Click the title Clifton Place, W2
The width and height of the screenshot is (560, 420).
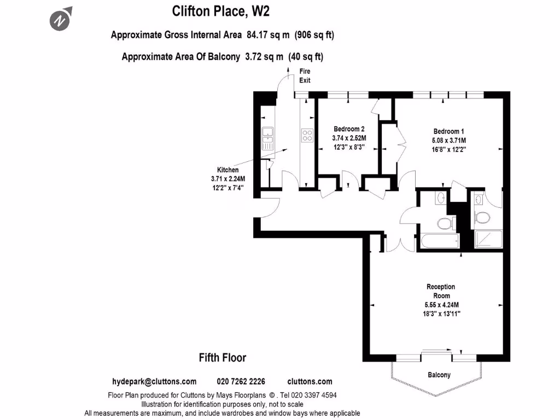coord(221,10)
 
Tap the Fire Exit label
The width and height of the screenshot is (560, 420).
coord(305,75)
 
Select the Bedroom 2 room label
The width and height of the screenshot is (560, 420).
coord(349,129)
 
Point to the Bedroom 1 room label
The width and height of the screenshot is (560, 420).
coord(448,131)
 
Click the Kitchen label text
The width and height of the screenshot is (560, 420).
coord(228,170)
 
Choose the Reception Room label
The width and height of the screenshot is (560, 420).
coord(441,291)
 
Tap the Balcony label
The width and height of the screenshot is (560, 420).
coord(439,375)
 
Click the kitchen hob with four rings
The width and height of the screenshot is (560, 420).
coord(307,135)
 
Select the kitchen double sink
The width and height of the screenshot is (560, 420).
coord(267,139)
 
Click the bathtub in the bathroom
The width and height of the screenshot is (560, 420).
coord(439,242)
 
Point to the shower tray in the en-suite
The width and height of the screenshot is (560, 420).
coord(484,238)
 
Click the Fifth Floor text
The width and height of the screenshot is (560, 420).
coord(222,358)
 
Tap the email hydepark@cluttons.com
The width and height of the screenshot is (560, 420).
coord(154,382)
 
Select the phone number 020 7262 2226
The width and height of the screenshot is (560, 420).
coord(241,382)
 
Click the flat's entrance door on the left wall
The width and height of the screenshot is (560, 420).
coord(269,205)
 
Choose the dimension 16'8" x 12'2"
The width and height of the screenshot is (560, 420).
coord(448,149)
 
